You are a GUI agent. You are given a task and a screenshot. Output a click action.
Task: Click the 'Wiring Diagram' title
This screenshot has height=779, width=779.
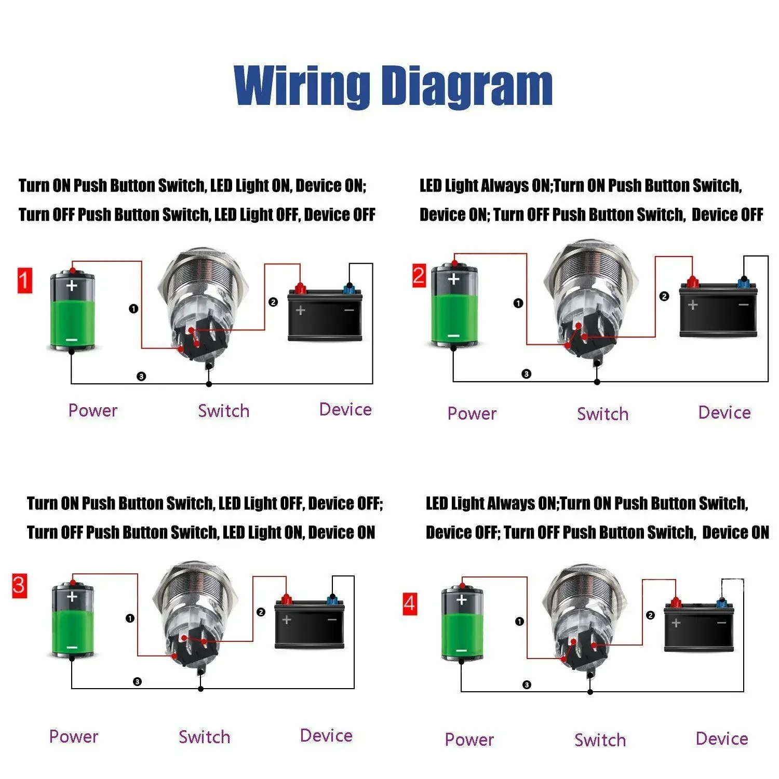click(x=393, y=86)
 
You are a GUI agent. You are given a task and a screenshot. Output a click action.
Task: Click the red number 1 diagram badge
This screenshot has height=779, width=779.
click(x=25, y=280)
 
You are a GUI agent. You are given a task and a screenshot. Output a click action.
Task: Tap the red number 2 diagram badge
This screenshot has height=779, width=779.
click(x=419, y=275)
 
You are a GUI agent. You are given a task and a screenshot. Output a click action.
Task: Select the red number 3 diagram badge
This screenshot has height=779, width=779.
click(x=19, y=586)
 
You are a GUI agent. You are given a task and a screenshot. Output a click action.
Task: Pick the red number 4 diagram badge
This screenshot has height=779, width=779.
click(x=410, y=603)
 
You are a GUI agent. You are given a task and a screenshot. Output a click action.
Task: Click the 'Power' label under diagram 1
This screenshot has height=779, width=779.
click(x=93, y=410)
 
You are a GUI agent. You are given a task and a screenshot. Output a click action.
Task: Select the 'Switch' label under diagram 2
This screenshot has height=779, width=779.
click(x=602, y=414)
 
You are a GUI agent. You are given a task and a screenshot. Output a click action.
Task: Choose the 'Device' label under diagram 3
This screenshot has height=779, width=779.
click(x=326, y=735)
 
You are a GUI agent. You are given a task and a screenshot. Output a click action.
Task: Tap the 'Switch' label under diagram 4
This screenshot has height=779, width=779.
click(x=600, y=740)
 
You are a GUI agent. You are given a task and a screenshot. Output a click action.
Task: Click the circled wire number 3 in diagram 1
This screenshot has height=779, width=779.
click(x=141, y=377)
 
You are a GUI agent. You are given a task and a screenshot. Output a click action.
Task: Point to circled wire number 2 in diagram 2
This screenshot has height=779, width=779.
click(x=664, y=297)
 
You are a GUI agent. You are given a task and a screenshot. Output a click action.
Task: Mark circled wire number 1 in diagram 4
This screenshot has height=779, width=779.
click(x=519, y=621)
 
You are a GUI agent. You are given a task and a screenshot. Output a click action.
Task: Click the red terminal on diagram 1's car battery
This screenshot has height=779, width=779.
click(x=300, y=288)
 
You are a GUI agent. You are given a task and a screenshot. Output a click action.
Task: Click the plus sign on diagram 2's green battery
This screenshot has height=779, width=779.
click(x=453, y=279)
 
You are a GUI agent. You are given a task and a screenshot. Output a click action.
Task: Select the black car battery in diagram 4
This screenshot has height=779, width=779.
click(x=699, y=628)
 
